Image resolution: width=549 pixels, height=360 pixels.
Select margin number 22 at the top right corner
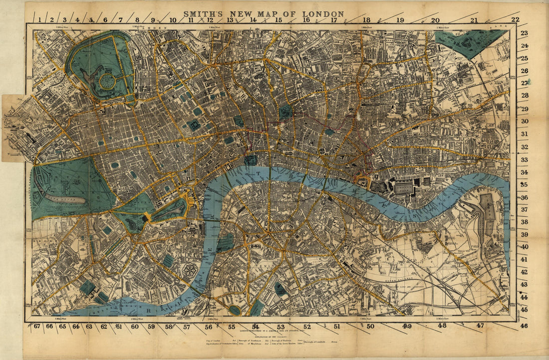coord(515,20)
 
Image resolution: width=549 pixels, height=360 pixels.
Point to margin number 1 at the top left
coord(38,20)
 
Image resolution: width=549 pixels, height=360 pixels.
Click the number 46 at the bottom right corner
coord(524,326)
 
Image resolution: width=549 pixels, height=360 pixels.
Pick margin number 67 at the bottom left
coord(37,327)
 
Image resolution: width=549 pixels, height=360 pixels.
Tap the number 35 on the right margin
coord(524,185)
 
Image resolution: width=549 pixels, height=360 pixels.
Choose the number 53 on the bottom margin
coord(281,327)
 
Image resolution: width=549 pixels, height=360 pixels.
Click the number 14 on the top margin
coord(253,20)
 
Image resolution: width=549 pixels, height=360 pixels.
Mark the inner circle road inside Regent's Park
coord(107,81)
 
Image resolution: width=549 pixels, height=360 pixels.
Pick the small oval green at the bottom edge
coord(234,310)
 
